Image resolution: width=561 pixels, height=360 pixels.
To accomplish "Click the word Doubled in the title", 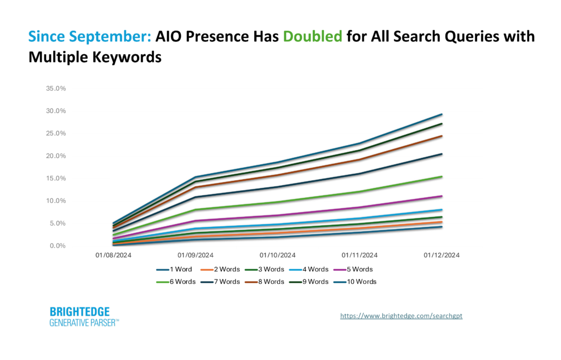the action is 312,37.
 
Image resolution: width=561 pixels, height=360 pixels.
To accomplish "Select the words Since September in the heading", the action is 90,37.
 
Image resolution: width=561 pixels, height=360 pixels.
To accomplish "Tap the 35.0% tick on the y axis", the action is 56,88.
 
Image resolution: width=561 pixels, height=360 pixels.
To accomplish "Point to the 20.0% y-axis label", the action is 56,156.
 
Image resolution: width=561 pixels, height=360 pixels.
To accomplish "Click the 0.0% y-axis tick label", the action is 58,246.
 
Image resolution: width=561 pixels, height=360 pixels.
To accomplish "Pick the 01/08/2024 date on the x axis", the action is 113,255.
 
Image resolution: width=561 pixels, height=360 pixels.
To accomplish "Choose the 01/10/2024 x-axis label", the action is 278,255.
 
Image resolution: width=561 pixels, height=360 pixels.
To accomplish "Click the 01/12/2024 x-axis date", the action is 442,255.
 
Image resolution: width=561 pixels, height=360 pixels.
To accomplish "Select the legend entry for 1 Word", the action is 174,270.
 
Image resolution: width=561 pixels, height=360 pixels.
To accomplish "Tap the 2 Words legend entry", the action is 220,270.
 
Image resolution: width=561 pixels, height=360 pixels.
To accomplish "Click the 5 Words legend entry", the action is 353,270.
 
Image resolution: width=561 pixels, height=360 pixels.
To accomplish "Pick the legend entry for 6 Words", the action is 176,282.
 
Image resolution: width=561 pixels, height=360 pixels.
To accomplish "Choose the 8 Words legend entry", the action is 265,282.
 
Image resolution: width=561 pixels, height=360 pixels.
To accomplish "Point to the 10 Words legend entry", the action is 355,282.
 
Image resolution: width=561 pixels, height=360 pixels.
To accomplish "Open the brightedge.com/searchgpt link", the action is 401,316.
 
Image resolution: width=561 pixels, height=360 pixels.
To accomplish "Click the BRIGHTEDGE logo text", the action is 80,312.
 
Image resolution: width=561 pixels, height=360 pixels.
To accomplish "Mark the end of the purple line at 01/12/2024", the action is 442,196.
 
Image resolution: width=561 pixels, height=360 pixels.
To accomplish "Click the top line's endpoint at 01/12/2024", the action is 442,115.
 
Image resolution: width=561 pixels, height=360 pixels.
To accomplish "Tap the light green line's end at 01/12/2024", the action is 442,176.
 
